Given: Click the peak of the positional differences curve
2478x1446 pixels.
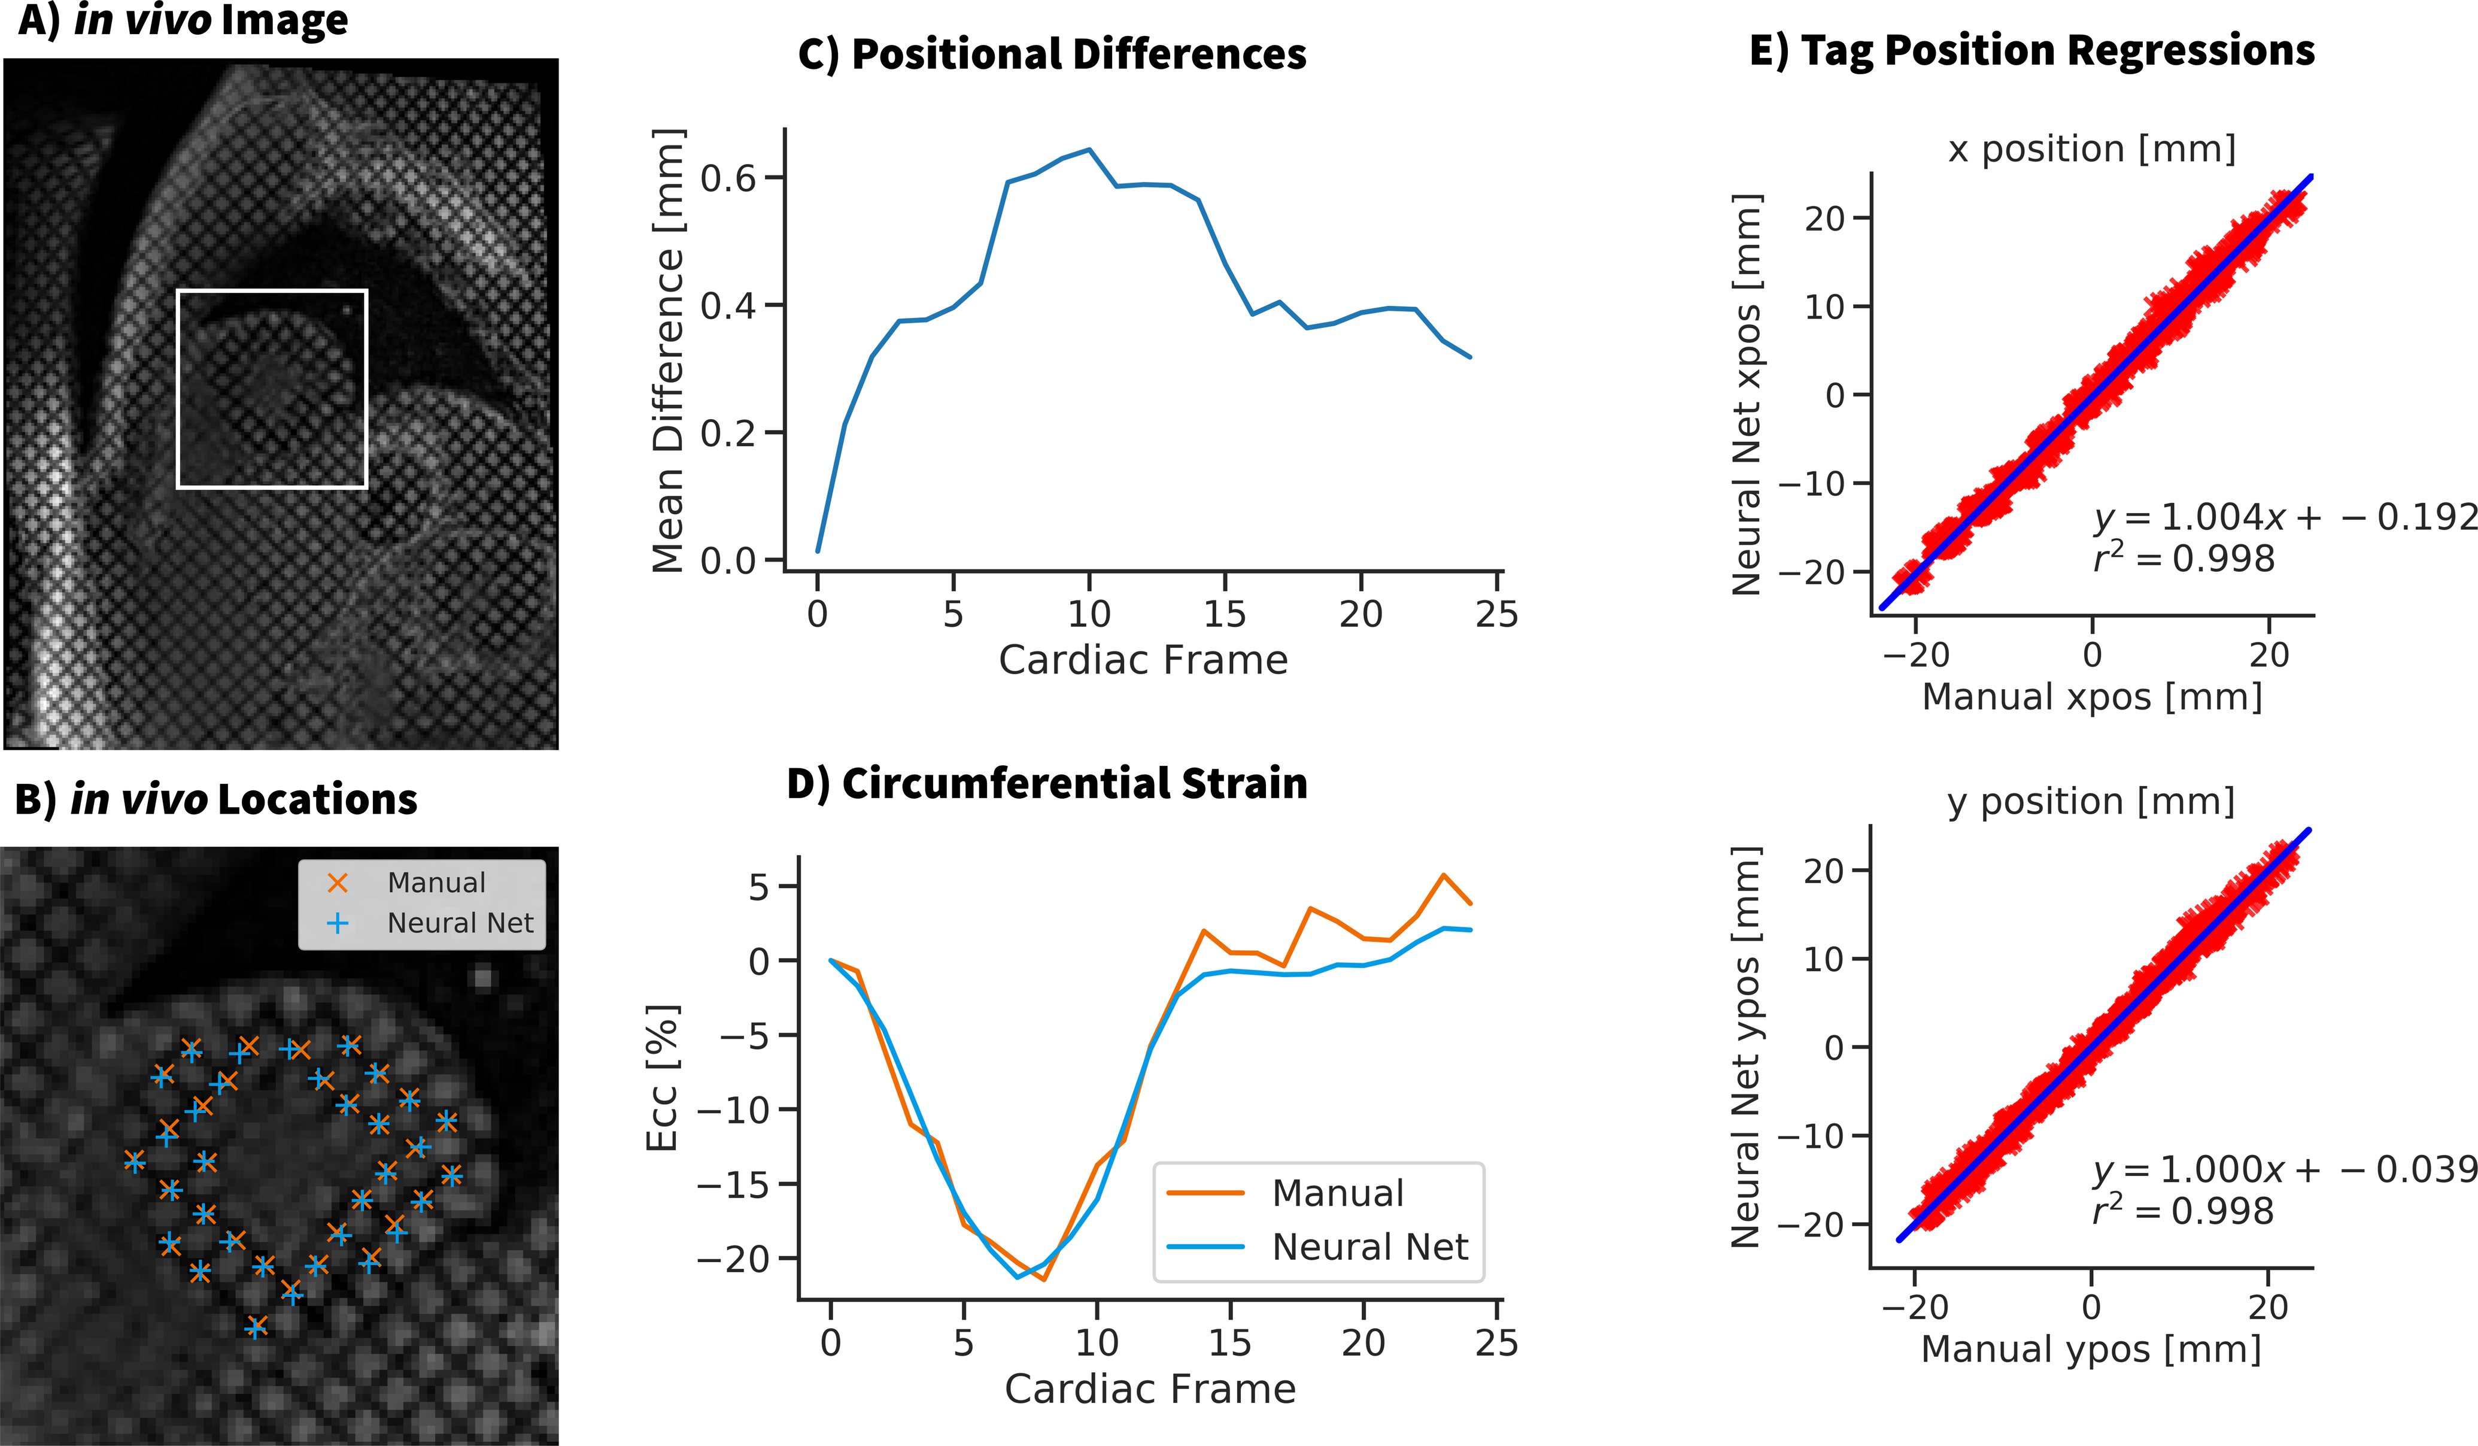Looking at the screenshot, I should [x=1089, y=150].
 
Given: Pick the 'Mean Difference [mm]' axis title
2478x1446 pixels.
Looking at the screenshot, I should [x=668, y=350].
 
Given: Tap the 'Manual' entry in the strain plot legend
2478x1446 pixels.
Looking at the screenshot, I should [x=1337, y=1193].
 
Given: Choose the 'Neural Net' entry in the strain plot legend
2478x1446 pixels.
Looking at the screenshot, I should [x=1369, y=1247].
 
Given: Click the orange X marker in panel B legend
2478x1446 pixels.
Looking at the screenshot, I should [x=338, y=883].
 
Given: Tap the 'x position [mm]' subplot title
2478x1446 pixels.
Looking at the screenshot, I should [x=2091, y=150].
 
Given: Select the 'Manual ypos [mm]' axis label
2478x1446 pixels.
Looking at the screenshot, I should [x=2091, y=1348].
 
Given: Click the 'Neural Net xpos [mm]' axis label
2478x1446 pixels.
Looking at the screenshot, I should [x=1747, y=395].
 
